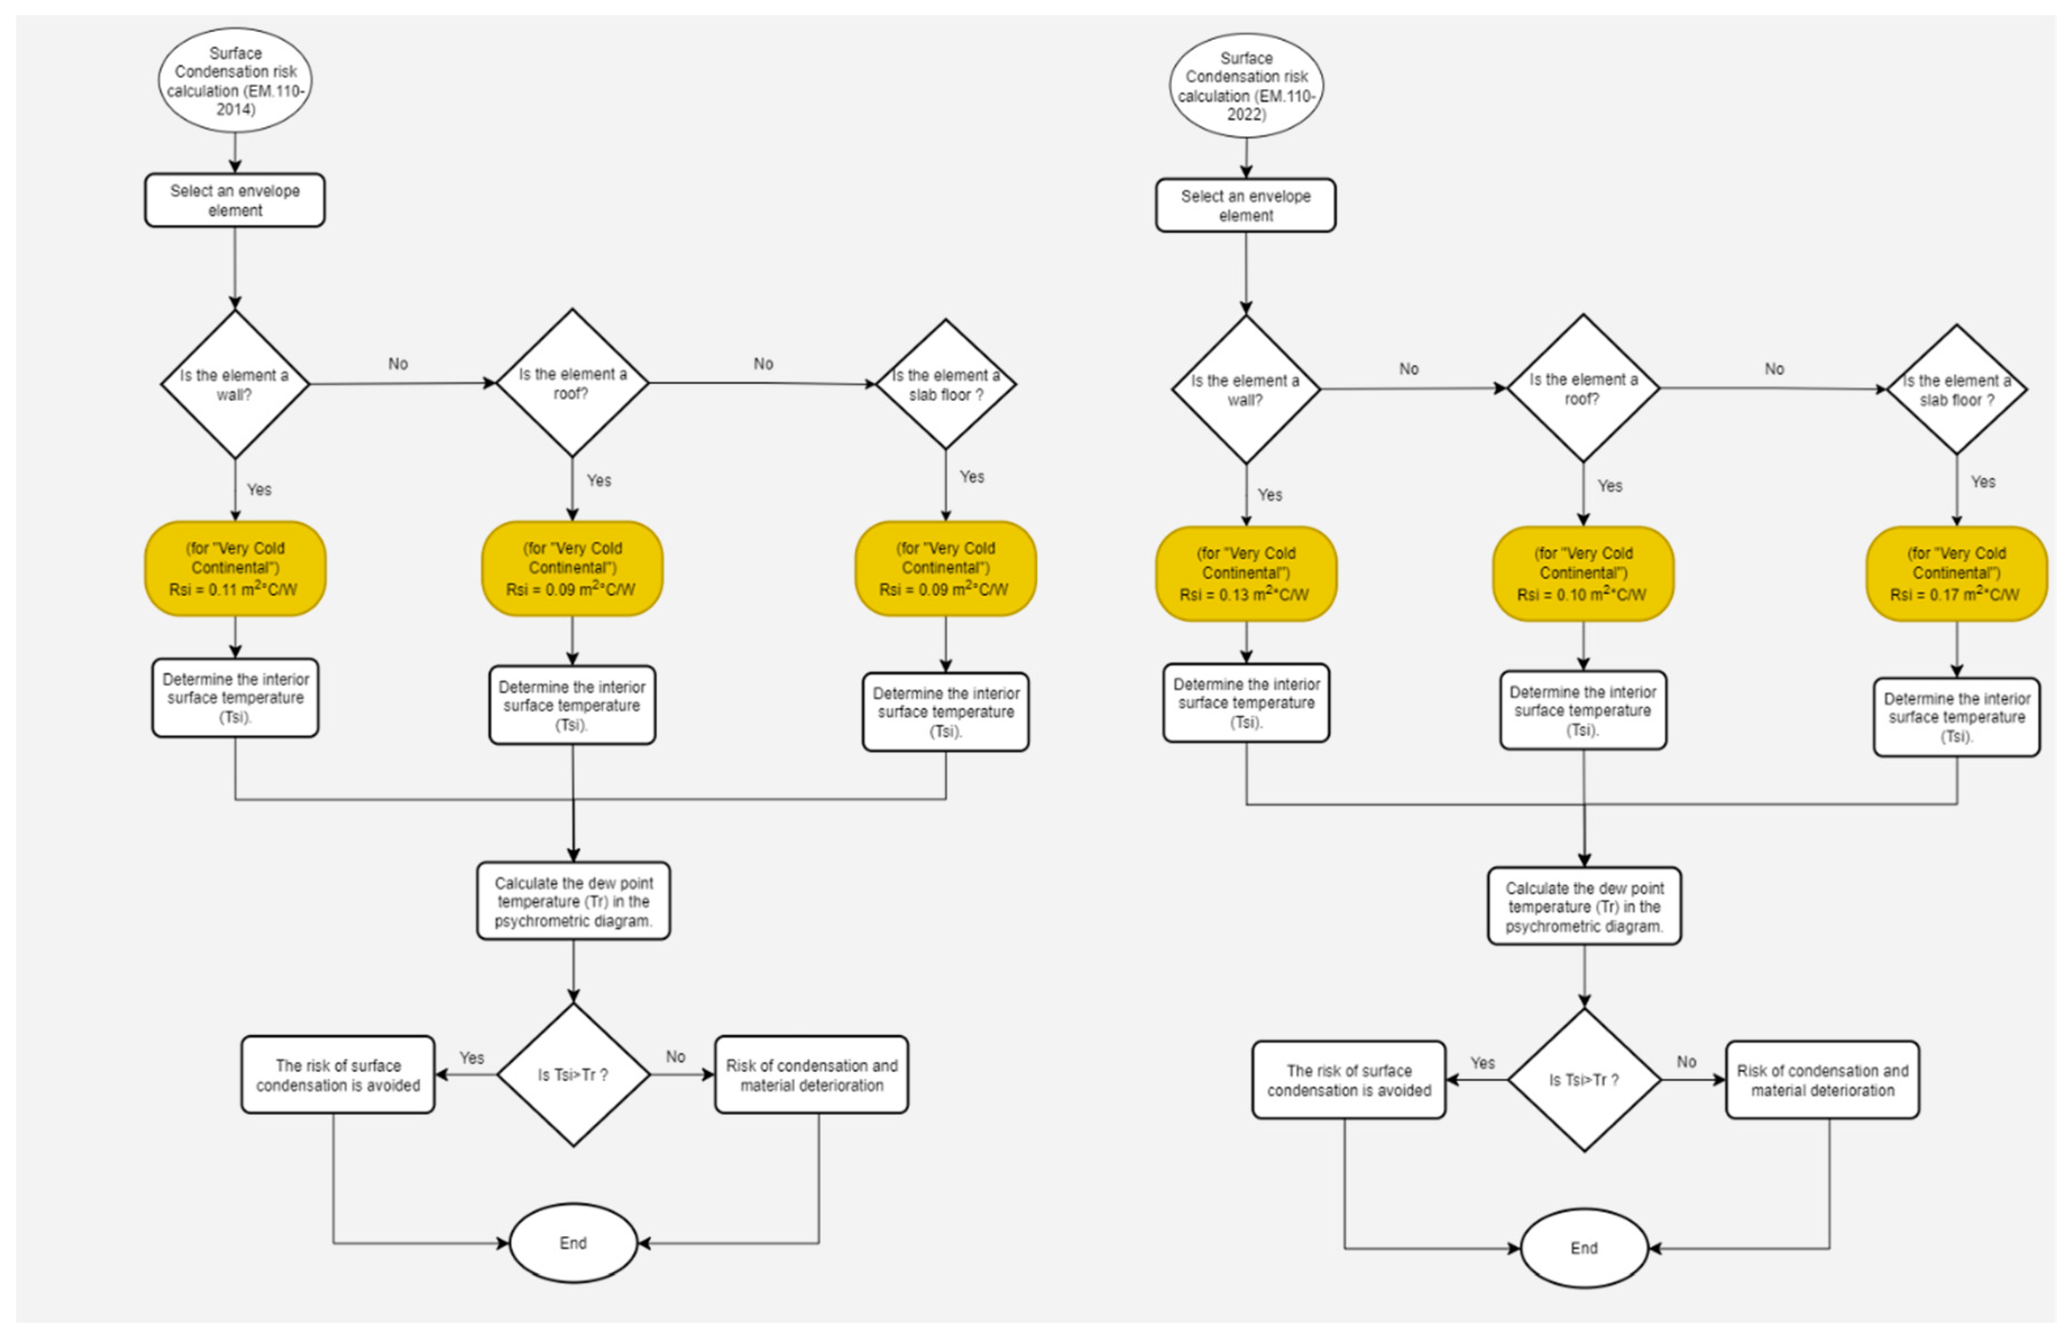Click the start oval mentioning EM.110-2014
(234, 80)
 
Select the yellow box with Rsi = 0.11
(234, 568)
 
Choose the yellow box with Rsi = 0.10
(1583, 574)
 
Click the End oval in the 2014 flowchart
(573, 1242)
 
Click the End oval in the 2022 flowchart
(1583, 1248)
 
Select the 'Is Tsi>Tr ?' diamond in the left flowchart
(573, 1075)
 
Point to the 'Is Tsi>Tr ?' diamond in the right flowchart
(1583, 1080)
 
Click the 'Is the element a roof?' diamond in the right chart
(1583, 389)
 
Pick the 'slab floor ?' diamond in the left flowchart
(946, 384)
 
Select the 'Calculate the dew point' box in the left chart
(573, 901)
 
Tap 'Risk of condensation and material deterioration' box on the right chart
(1822, 1080)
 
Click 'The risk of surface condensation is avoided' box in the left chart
(338, 1075)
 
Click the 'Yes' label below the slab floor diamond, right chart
(1982, 482)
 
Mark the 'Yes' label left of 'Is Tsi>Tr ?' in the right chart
(1482, 1062)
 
